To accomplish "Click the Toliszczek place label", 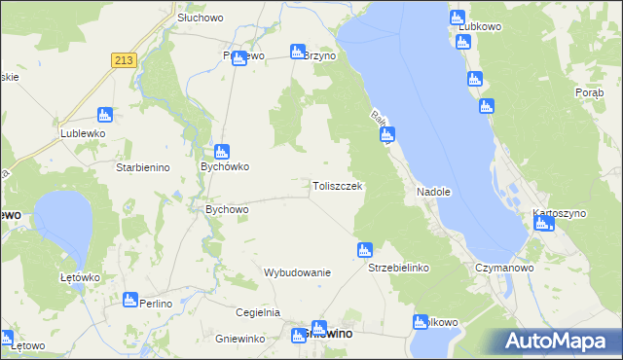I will tap(338, 186).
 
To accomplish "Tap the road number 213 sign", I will tap(123, 60).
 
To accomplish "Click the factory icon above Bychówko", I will tap(222, 152).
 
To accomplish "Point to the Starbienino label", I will tap(143, 167).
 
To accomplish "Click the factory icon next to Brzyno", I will tap(298, 51).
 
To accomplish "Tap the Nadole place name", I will tap(433, 192).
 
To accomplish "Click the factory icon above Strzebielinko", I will tap(365, 249).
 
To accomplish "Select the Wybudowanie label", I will tap(298, 272).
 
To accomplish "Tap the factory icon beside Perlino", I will tap(130, 300).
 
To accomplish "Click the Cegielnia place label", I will tap(258, 312).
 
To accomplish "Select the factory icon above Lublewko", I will tap(105, 115).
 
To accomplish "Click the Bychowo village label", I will tap(228, 209).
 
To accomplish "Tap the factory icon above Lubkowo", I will tap(458, 18).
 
